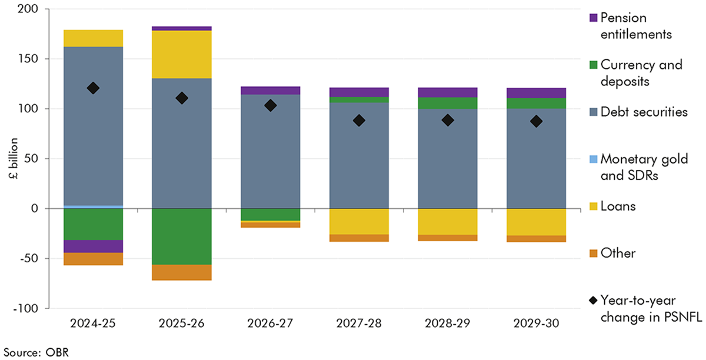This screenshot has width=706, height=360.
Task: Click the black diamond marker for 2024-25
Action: (x=93, y=88)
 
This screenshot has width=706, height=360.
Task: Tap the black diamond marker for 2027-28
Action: (x=359, y=121)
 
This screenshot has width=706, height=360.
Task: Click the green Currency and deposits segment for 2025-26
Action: (x=182, y=236)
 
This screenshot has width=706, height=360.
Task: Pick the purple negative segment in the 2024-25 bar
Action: (x=93, y=246)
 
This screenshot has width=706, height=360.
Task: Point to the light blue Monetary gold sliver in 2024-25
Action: (x=93, y=206)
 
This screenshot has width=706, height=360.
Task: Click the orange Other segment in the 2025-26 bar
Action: (x=182, y=272)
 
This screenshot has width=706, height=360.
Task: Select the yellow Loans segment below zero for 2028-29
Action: (x=448, y=222)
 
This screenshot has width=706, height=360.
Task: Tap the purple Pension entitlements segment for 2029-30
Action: (x=537, y=93)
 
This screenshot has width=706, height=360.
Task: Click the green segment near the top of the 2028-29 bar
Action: (x=448, y=103)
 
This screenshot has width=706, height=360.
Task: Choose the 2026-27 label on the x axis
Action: (x=271, y=323)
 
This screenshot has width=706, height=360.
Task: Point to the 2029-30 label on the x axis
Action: (x=537, y=323)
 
